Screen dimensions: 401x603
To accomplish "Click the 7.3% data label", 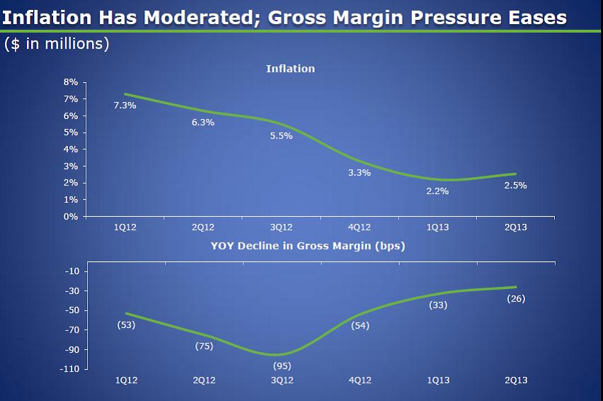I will coord(125,106).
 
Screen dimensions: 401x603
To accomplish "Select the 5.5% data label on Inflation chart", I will coord(281,135).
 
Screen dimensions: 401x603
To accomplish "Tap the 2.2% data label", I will coord(437,191).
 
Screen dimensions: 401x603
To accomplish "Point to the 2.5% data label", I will coord(515,186).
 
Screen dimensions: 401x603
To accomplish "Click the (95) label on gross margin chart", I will coord(282,366).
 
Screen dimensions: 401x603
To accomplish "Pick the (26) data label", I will coord(516,299).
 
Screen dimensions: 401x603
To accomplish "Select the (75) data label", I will coord(204,346).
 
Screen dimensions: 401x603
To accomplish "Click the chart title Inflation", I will coord(290,69).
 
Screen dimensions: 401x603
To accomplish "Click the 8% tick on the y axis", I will coord(71,82).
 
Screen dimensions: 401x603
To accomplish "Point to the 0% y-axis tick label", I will coord(71,217).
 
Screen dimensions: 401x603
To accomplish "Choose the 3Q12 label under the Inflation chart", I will coord(282,227).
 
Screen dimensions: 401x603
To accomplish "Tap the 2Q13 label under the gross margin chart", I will coord(516,380).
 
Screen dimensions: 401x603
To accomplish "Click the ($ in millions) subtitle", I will coord(57,44).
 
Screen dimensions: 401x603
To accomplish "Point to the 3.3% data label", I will coord(360,172).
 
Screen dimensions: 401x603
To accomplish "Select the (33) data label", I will coord(438,305).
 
